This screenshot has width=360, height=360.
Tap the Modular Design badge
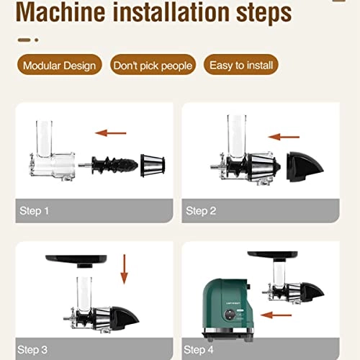click(60, 66)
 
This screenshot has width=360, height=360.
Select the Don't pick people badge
click(153, 66)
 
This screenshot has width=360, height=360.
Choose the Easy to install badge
click(240, 66)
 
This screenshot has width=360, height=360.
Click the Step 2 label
click(202, 210)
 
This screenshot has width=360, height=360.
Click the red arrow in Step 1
click(112, 132)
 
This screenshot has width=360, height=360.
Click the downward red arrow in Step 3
click(123, 269)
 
